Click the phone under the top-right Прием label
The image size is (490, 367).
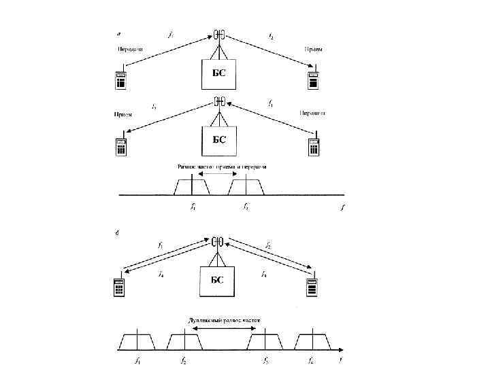pos(313,78)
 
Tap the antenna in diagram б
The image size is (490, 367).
pos(217,243)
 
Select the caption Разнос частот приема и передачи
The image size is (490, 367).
pos(222,167)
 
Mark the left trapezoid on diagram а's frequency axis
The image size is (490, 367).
pos(190,186)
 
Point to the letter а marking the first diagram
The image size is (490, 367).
pos(120,32)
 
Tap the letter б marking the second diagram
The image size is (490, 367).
pos(119,233)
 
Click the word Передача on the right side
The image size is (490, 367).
pos(312,113)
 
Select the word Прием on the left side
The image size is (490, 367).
pos(123,115)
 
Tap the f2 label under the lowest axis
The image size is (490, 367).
pos(184,360)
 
